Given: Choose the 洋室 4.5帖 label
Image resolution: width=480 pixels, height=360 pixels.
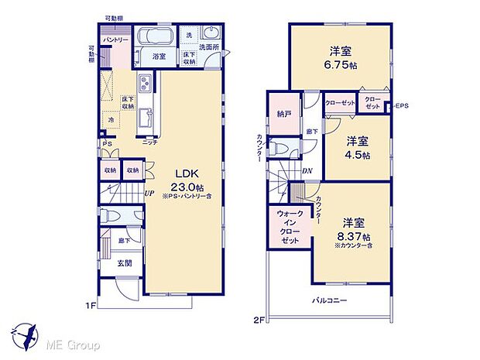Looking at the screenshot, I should tap(358, 147).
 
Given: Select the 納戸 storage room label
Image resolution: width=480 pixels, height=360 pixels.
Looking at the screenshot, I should tap(283, 112).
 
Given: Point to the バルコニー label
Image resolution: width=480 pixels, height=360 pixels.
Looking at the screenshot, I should tap(330, 300).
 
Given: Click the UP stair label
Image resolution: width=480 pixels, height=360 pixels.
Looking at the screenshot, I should tap(147, 194).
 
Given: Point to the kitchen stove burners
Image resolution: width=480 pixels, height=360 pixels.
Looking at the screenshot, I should tap(145, 84).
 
